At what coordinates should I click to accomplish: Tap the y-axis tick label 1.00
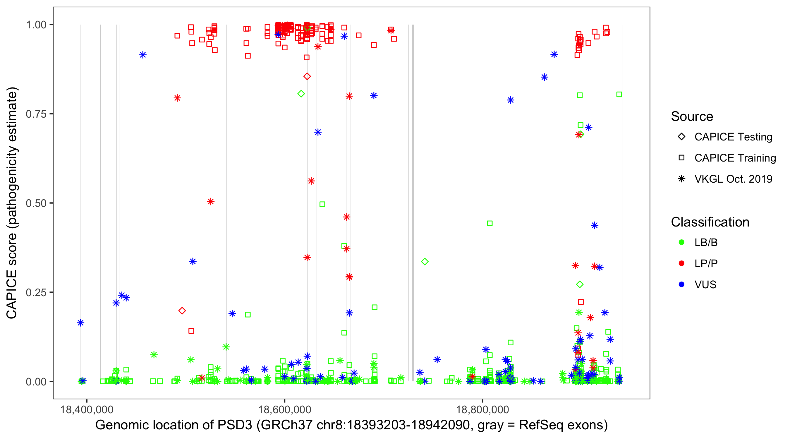coord(36,25)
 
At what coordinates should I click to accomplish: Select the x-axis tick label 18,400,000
coord(87,409)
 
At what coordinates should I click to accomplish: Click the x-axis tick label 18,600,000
coord(285,409)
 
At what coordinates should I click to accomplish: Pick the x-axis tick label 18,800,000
coord(482,409)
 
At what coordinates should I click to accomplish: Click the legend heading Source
coord(692,116)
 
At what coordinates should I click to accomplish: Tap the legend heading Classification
coord(710,222)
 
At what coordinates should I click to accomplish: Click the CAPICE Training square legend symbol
coord(681,158)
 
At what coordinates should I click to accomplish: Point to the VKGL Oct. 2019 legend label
coord(733,179)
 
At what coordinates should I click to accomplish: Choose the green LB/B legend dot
coord(681,243)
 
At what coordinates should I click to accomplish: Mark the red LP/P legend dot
coord(681,263)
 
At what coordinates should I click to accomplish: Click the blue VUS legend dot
coord(681,285)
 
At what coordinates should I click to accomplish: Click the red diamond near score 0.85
coord(307,76)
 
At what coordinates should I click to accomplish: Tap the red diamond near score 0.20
coord(182,311)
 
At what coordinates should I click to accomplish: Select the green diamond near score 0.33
coord(425,262)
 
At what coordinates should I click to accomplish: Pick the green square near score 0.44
coord(490,224)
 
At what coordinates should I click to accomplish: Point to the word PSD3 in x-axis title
coord(235,425)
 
